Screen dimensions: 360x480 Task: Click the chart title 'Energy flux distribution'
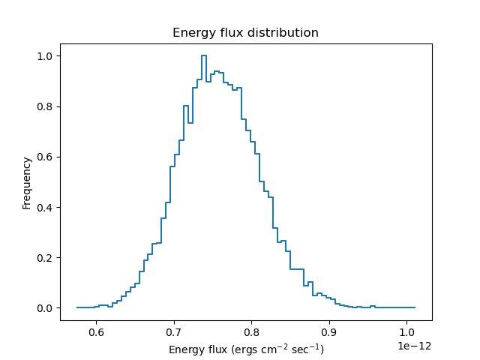[x=245, y=33]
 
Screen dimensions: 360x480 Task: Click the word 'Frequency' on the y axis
[x=27, y=182]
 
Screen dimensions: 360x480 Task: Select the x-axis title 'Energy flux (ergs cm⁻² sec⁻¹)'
[x=246, y=349]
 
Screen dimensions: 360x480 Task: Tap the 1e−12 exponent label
[x=414, y=346]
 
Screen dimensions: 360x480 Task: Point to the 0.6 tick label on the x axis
[x=96, y=331]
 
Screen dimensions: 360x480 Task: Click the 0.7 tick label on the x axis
[x=174, y=331]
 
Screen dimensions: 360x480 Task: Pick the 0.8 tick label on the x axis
[x=251, y=331]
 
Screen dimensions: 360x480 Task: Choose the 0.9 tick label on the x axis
[x=329, y=331]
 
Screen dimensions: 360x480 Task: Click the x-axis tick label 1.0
[x=406, y=331]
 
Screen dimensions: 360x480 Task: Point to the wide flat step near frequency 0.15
[x=296, y=269]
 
